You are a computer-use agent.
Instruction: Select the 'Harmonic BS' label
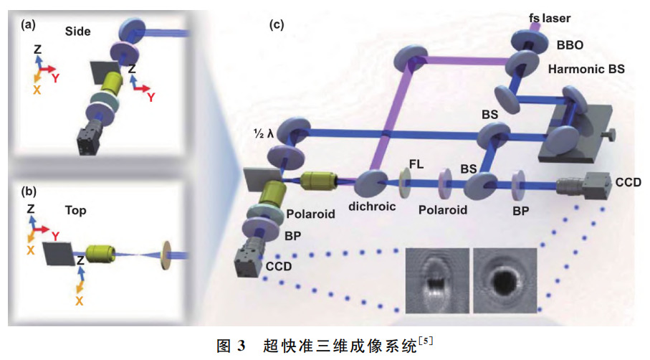(585, 70)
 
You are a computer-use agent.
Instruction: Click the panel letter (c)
(277, 25)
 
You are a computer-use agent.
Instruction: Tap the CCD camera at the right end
(578, 188)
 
